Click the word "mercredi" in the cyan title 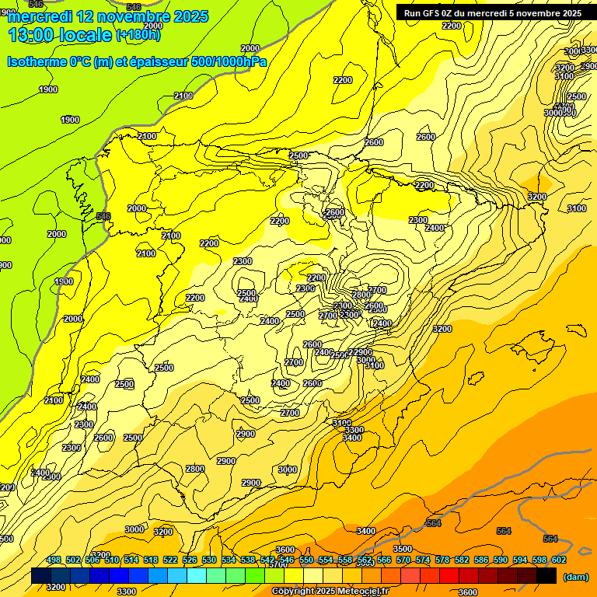click(x=39, y=16)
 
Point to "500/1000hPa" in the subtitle click(x=228, y=61)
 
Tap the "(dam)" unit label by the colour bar click(x=575, y=577)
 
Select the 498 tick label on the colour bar click(x=54, y=560)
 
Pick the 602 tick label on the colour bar click(x=559, y=560)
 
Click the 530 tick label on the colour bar click(x=209, y=560)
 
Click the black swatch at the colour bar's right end click(x=546, y=575)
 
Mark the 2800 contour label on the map click(x=195, y=469)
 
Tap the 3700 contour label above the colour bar click(x=278, y=565)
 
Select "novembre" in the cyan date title click(x=145, y=16)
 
